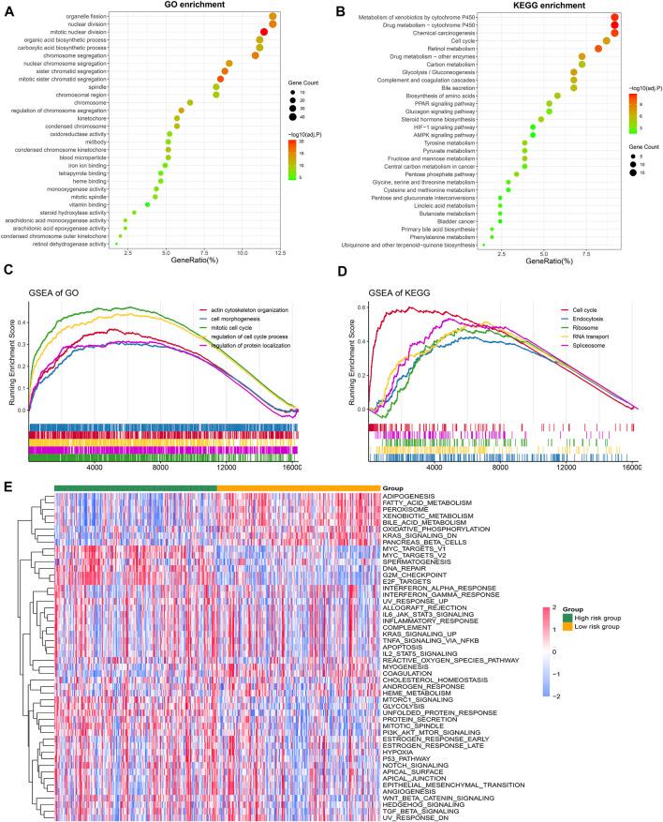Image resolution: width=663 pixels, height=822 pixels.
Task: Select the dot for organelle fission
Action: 273,17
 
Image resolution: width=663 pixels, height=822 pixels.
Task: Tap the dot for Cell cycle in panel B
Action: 607,40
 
